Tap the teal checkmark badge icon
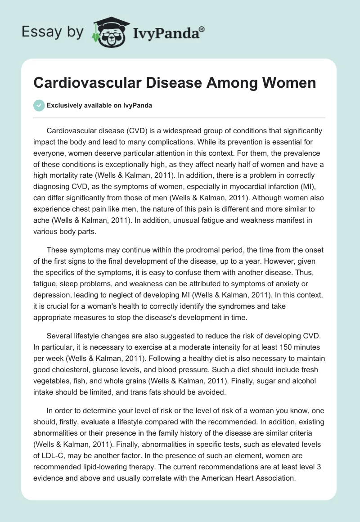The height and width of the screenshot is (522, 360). pos(39,105)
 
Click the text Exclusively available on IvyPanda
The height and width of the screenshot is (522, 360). pos(99,106)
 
